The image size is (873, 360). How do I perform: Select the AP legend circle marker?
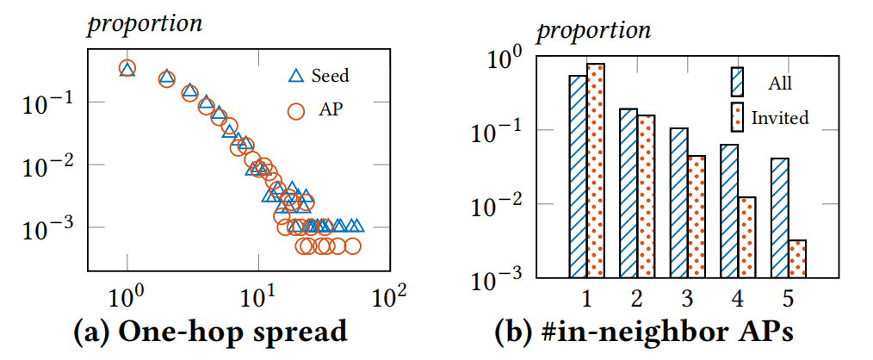pyautogui.click(x=297, y=110)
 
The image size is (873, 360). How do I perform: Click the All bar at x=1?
pyautogui.click(x=578, y=177)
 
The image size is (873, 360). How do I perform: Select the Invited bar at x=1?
pyautogui.click(x=596, y=171)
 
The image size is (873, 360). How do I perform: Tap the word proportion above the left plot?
pyautogui.click(x=145, y=23)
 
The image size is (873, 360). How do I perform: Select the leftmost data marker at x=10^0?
pyautogui.click(x=127, y=69)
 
